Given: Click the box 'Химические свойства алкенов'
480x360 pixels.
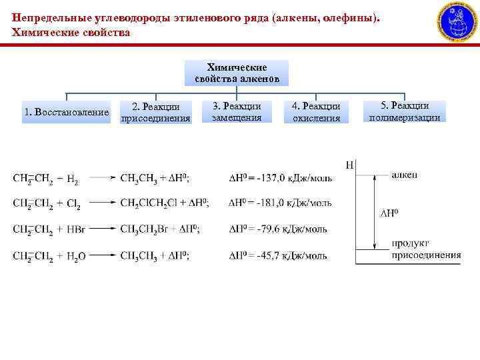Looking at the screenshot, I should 237,73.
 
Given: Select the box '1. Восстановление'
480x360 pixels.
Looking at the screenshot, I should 66,112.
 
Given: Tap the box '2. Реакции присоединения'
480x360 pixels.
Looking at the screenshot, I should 155,113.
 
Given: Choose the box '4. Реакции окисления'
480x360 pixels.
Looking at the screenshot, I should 316,112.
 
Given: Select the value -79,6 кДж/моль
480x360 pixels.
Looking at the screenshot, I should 291,229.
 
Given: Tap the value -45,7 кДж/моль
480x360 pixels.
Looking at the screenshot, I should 291,255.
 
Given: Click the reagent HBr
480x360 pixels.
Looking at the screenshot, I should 75,229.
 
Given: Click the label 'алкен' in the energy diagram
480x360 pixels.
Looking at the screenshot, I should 405,174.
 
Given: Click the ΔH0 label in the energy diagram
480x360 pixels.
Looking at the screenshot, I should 389,213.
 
